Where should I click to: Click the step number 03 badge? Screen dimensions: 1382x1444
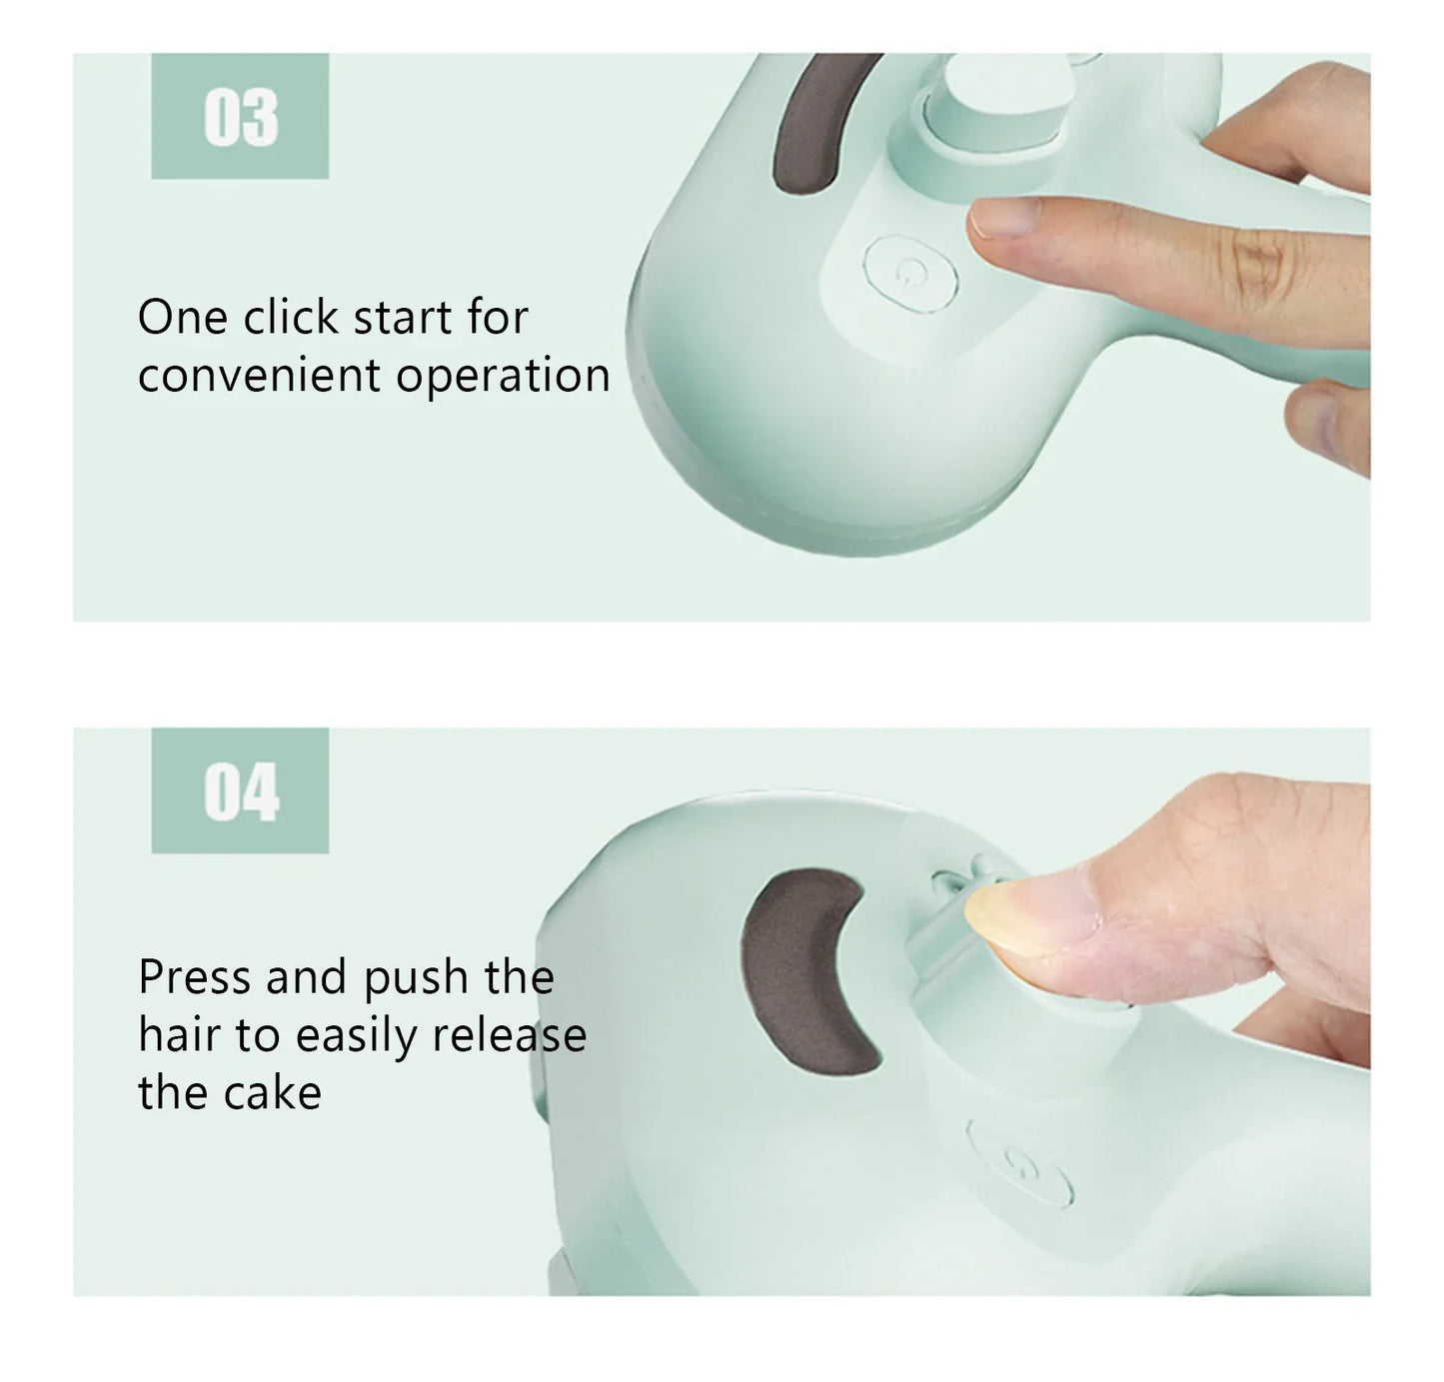click(240, 117)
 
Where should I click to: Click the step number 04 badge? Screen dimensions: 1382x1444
click(240, 791)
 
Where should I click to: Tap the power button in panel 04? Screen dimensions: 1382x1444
click(1019, 1162)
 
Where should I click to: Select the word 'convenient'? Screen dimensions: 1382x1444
click(259, 376)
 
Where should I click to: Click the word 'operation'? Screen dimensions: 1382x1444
click(503, 376)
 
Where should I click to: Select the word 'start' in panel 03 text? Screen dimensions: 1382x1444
click(403, 318)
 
